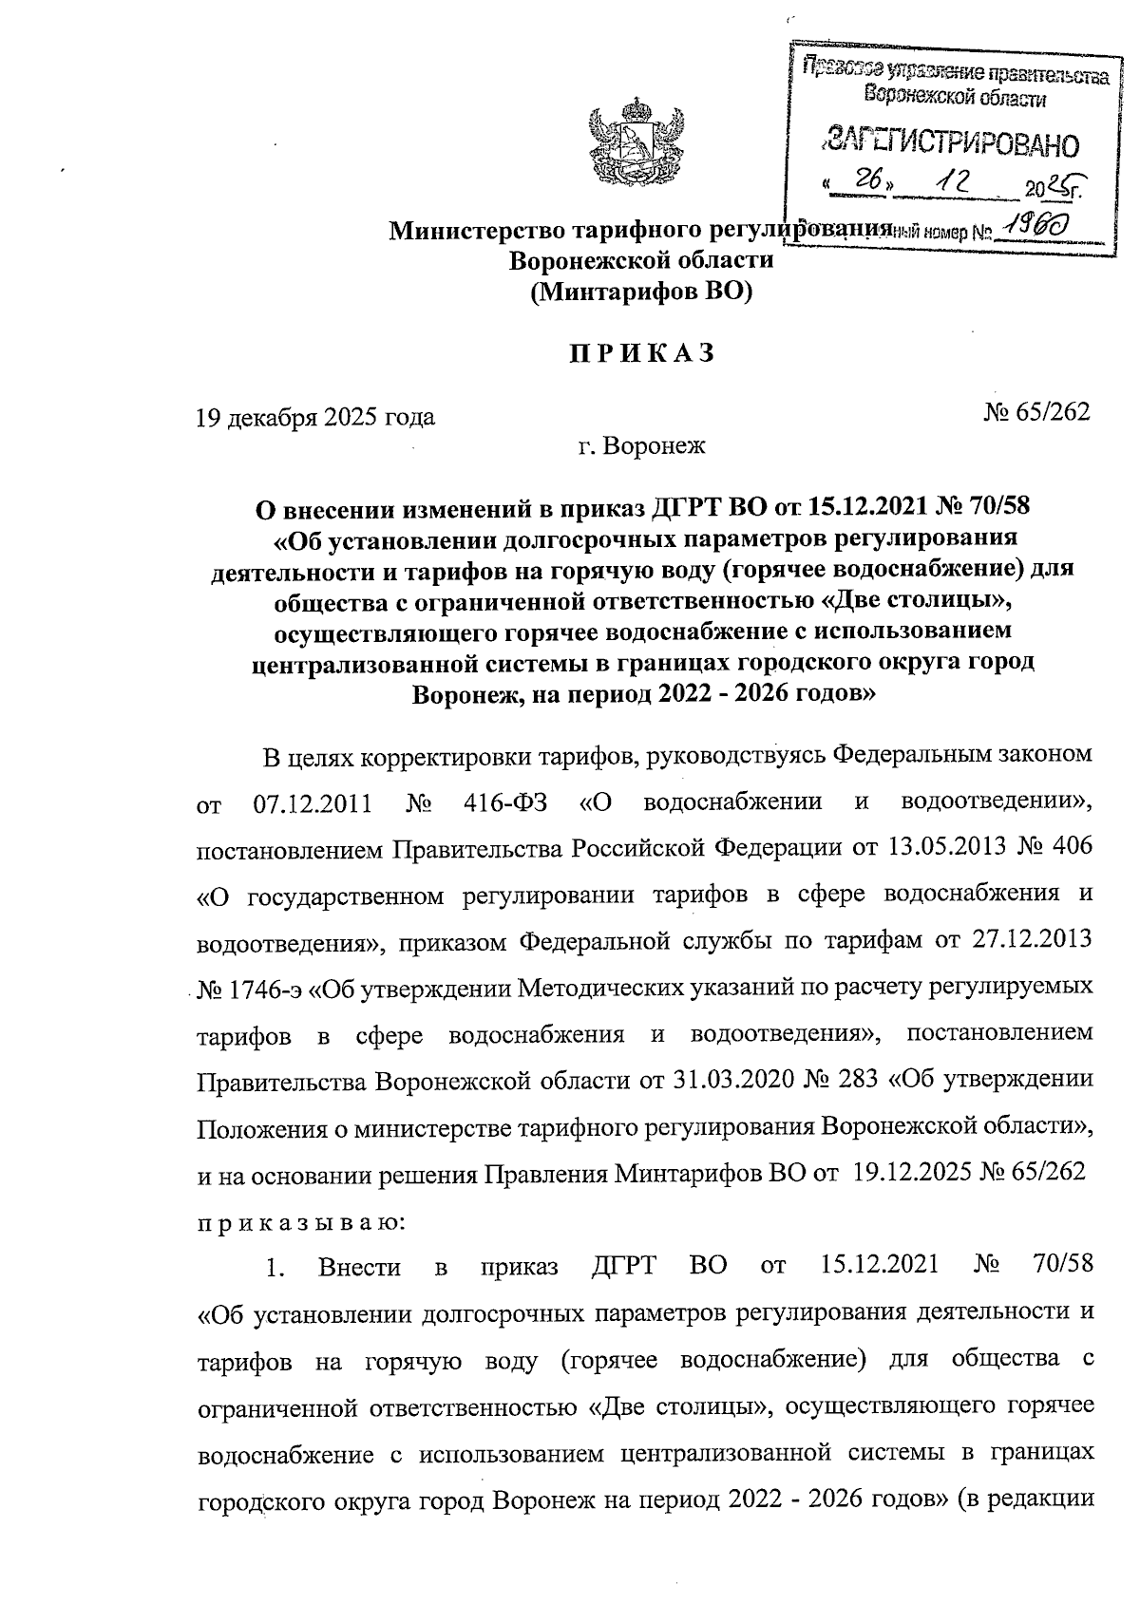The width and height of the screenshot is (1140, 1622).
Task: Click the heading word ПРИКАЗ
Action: pyautogui.click(x=640, y=353)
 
